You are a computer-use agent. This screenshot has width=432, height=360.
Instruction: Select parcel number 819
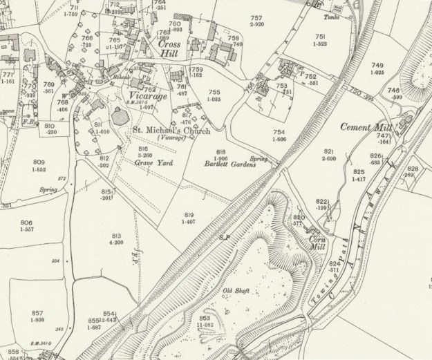tap(189, 215)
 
